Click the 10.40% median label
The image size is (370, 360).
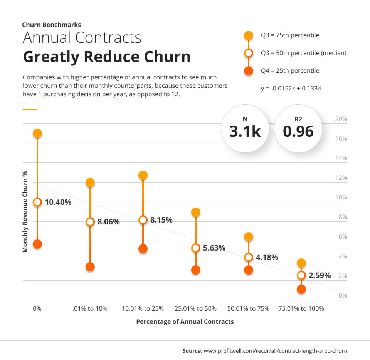[58, 202]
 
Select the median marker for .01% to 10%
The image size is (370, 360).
[90, 221]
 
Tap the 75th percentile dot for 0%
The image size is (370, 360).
[37, 133]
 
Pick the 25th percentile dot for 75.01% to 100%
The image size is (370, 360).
[301, 289]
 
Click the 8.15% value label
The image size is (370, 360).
[161, 220]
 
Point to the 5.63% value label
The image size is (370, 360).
[214, 248]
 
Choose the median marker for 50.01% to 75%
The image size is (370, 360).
[249, 257]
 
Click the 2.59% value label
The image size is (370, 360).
[320, 275]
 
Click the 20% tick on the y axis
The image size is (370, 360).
[341, 119]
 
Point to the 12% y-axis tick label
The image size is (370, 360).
[341, 178]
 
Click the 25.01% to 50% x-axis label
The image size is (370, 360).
[195, 309]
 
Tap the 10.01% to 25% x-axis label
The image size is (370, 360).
[143, 309]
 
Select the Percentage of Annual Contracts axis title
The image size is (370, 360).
[185, 321]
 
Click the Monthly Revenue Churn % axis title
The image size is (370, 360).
[25, 212]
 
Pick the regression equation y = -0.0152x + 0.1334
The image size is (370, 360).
[291, 88]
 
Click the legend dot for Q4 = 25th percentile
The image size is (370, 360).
[249, 71]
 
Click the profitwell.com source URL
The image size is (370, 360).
[275, 351]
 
